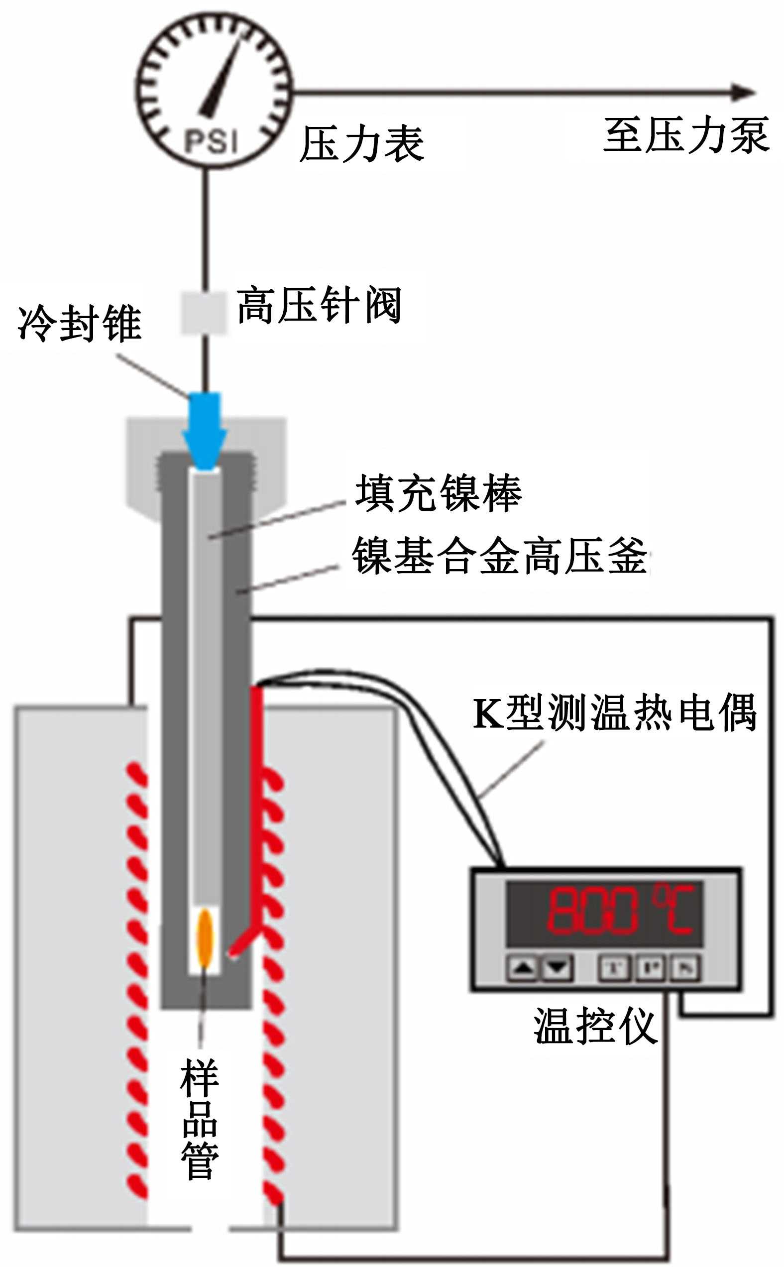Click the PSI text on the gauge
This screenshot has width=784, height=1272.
tap(211, 140)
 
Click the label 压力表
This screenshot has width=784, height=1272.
tap(362, 144)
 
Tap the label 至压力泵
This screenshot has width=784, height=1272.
tap(685, 135)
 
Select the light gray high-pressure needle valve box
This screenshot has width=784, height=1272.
tap(203, 313)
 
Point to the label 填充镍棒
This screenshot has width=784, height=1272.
tap(439, 493)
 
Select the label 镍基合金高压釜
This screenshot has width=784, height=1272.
tap(500, 556)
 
